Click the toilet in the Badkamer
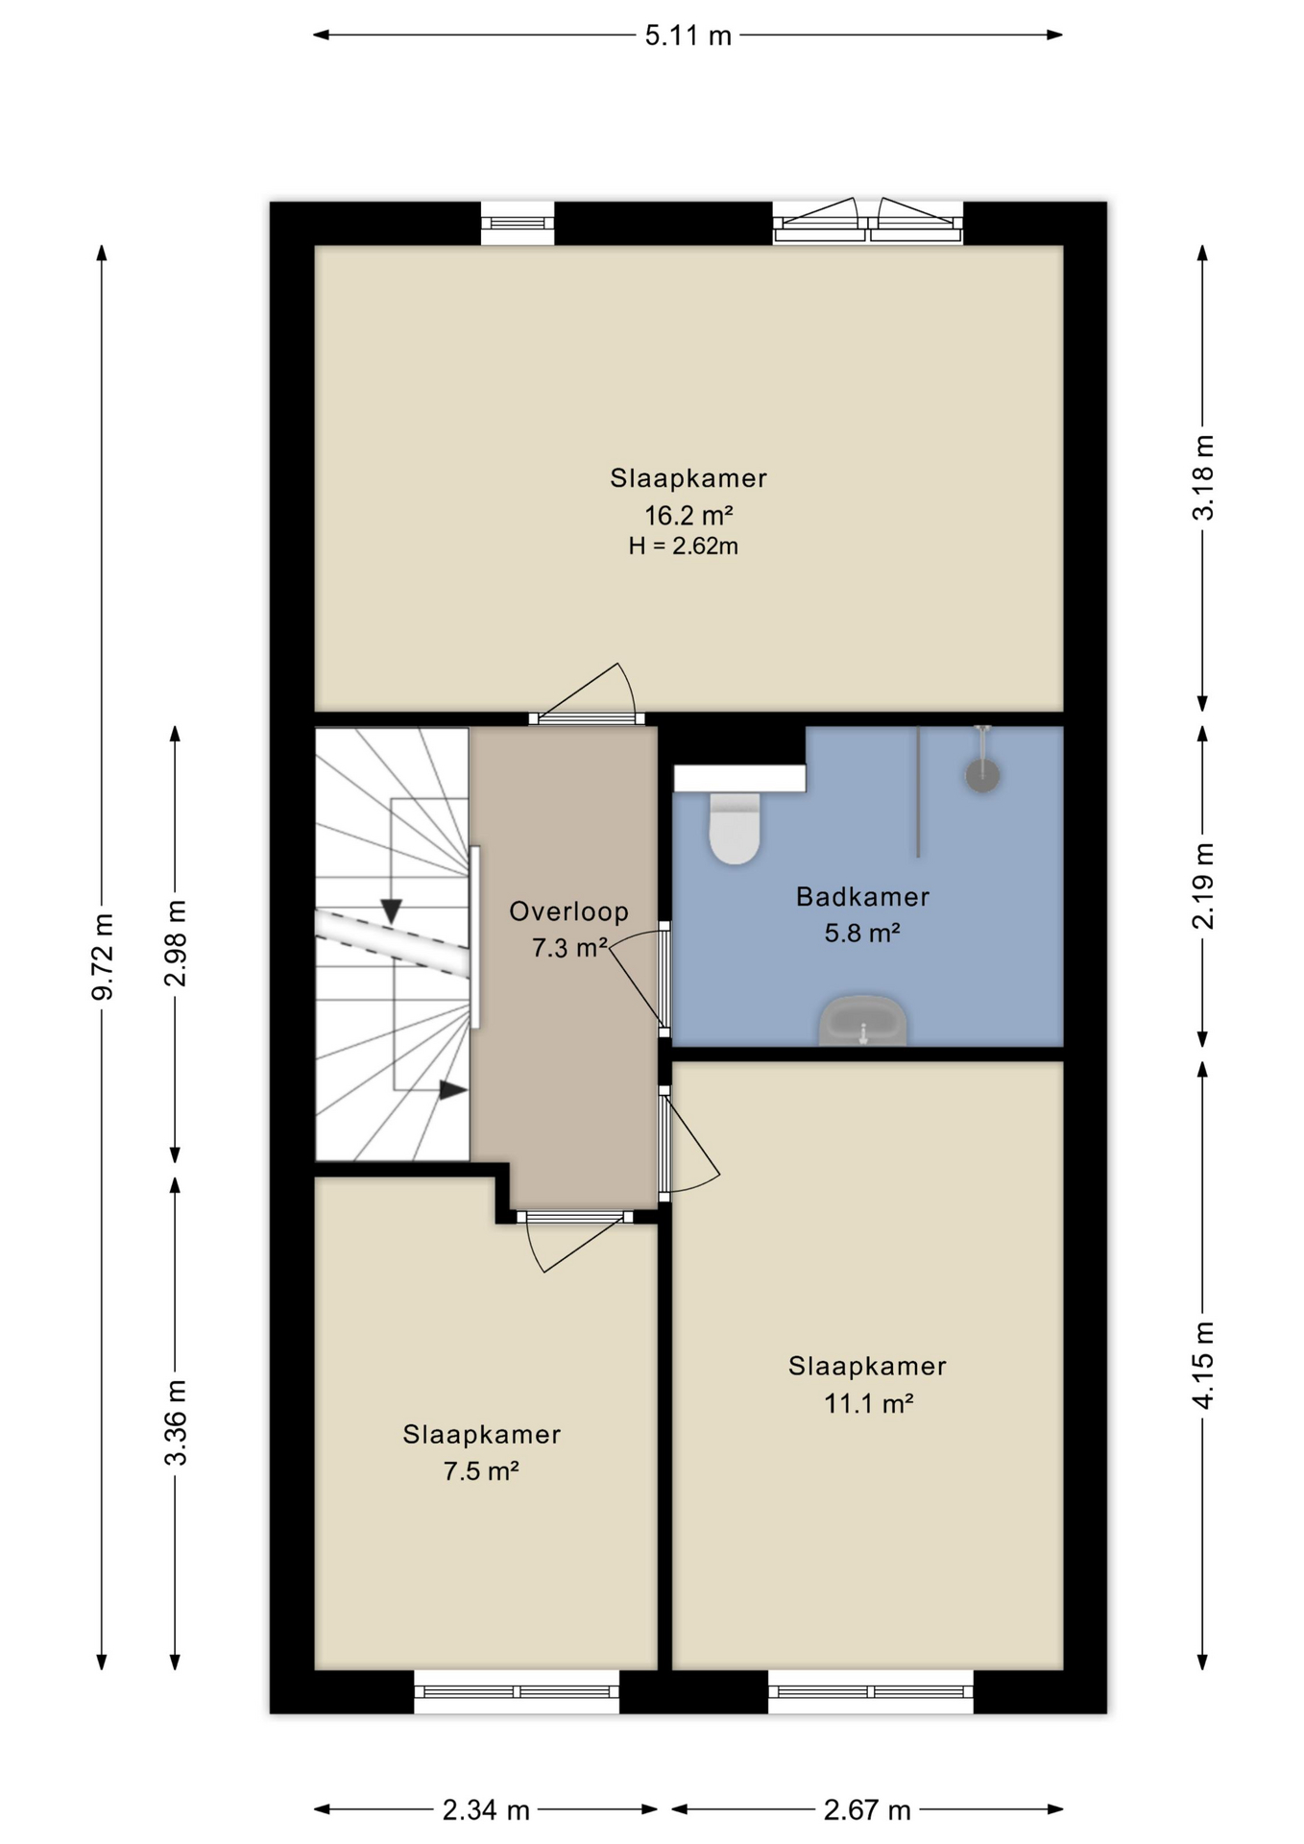click(x=735, y=827)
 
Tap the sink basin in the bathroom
click(x=862, y=1021)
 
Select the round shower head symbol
click(x=982, y=775)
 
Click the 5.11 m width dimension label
click(x=688, y=36)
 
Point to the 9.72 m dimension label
click(x=103, y=957)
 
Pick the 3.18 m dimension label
click(x=1202, y=477)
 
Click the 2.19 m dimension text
click(x=1202, y=886)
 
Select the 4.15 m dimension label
click(x=1202, y=1365)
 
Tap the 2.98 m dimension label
click(x=176, y=943)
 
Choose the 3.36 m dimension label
click(x=176, y=1422)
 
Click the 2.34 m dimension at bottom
click(x=486, y=1810)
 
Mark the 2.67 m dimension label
click(x=867, y=1810)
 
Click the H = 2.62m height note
click(x=684, y=546)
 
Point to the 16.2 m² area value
click(x=688, y=515)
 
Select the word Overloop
click(x=568, y=911)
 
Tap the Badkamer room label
click(x=862, y=897)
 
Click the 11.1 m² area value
click(x=868, y=1403)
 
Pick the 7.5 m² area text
click(x=481, y=1471)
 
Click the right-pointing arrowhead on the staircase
click(x=453, y=1090)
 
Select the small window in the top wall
click(x=518, y=223)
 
